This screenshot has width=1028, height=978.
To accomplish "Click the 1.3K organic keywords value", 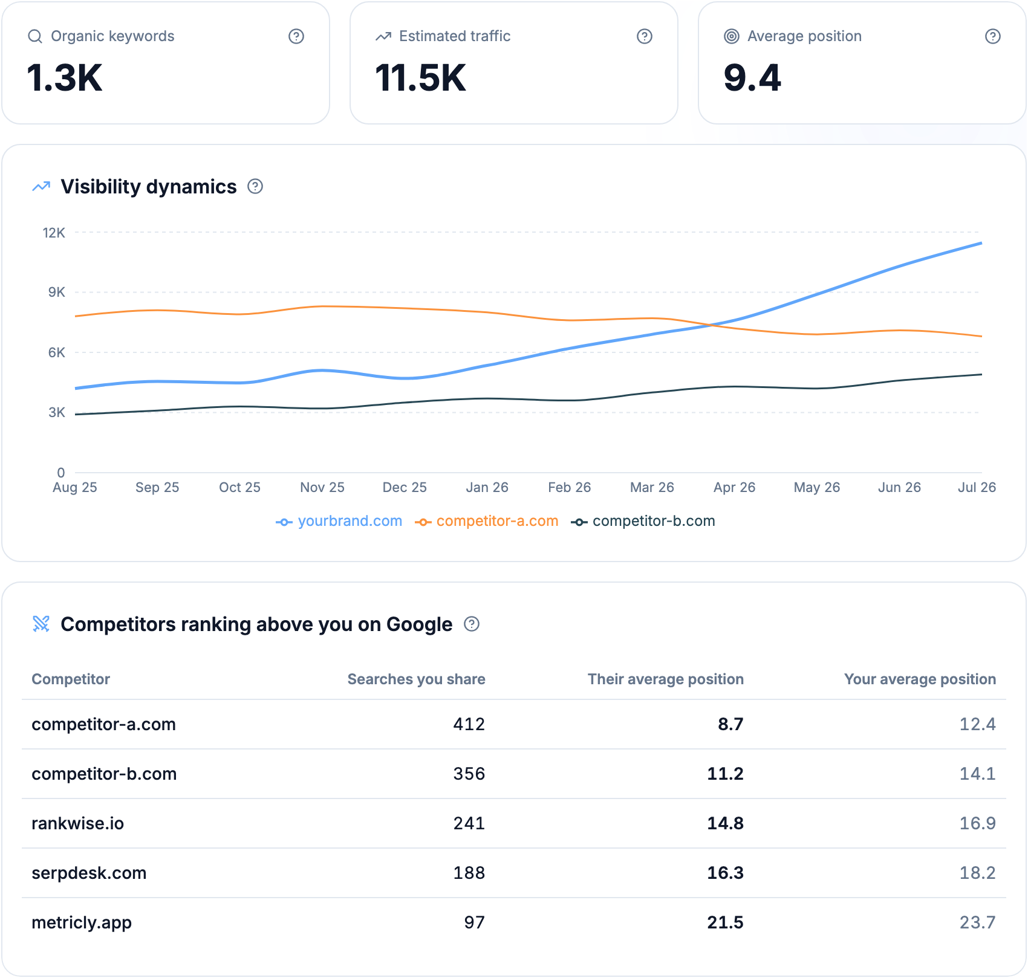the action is coord(65,78).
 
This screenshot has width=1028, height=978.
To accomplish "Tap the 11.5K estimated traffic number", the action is coord(420,78).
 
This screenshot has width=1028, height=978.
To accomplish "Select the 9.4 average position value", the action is coord(752,78).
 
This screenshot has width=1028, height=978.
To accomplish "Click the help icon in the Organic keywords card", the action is coord(296,36).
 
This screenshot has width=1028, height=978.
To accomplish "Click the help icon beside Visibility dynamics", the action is coord(255,186).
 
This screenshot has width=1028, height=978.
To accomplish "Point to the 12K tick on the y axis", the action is coord(54,233).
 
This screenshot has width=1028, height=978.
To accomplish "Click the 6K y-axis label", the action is coord(57,352).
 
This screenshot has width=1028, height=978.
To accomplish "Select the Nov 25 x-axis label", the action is coord(322,487).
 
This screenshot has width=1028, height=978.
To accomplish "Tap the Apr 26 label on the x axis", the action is coord(735,487).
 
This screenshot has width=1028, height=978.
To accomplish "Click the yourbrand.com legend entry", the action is coord(339,521).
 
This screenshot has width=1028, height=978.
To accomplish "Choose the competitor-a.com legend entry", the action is coord(487,521).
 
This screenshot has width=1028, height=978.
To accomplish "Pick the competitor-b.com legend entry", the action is coord(643,521).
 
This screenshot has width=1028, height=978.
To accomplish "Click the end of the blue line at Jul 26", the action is coord(981,243).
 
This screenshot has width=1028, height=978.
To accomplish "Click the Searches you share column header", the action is coord(417,679).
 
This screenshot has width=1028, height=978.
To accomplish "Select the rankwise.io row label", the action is coord(78,823).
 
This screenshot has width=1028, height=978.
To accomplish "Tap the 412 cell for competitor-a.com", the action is coord(469,724).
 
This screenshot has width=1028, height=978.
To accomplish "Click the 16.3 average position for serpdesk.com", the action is coord(726,873).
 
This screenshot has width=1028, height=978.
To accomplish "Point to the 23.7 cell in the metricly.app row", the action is coord(978,922).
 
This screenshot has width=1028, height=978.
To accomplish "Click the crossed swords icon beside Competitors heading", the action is coord(41,624).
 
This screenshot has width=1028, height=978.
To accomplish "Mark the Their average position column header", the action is coord(666,679).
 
